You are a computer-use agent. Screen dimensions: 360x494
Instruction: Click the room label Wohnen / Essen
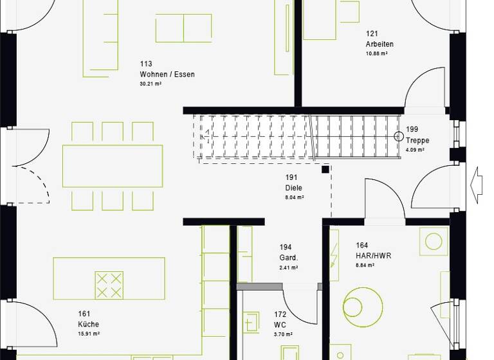tap(167, 75)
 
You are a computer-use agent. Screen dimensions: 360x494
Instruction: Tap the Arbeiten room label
tap(380, 44)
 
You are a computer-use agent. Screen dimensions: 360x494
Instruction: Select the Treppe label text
tap(417, 140)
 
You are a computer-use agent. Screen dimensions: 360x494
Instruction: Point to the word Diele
tap(294, 188)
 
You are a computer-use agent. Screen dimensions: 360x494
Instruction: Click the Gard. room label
tap(289, 258)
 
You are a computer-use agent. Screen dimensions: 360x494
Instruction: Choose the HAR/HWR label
tap(373, 255)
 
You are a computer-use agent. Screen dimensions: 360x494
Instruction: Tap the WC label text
tap(280, 325)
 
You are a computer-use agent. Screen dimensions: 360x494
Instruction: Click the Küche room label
tap(89, 324)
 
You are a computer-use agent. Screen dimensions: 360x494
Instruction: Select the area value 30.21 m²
tap(151, 84)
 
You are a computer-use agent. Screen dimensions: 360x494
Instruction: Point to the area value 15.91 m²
tap(89, 334)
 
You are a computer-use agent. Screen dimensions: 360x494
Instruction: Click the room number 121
tap(372, 33)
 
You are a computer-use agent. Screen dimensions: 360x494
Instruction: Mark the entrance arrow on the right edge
tap(477, 185)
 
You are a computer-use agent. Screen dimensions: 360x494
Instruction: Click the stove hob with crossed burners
tap(109, 285)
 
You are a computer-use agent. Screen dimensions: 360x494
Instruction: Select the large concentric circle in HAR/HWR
tap(363, 303)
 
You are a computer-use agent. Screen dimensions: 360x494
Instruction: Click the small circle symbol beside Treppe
tap(399, 136)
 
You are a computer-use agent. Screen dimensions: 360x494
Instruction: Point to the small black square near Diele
tap(325, 170)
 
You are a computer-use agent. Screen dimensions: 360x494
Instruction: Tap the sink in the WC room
tap(251, 321)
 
